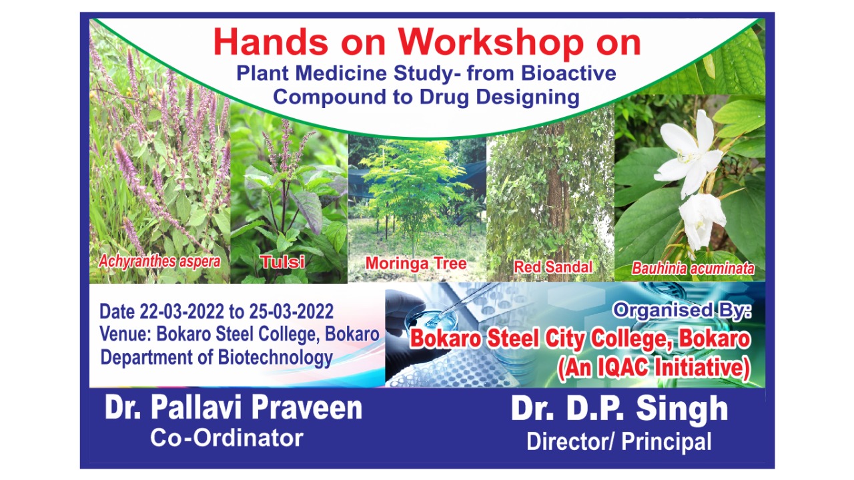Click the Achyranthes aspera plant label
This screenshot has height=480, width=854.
159,262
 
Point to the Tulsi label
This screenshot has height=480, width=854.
282,262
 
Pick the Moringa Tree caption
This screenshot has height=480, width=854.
416,264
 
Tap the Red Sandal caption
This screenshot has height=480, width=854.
553,267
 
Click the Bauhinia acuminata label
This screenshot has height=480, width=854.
693,268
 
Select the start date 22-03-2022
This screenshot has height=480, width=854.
182,312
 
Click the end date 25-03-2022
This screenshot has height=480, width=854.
292,312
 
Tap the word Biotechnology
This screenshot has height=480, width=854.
276,358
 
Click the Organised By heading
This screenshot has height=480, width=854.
682,310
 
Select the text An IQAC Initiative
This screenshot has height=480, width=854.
654,369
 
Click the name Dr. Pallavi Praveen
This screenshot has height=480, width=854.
234,408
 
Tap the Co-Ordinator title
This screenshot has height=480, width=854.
226,438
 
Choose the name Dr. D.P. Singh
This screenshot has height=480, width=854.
620,409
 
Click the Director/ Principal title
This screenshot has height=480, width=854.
619,442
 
